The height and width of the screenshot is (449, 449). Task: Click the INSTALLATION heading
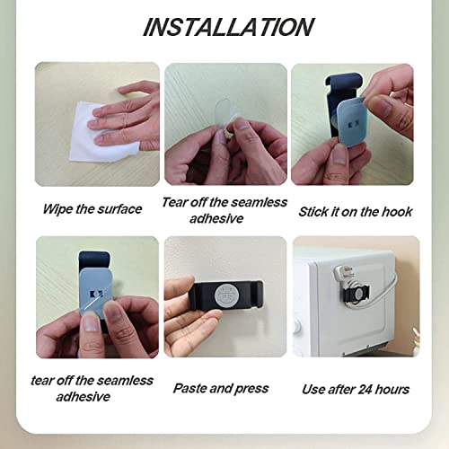tap(228, 27)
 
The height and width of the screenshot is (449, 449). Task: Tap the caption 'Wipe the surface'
tap(92, 209)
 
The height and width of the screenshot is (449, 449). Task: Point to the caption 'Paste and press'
tap(221, 389)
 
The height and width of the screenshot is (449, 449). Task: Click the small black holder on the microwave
tap(357, 293)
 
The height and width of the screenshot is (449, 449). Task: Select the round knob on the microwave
tap(296, 326)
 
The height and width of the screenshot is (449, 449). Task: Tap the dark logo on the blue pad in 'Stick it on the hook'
tap(351, 124)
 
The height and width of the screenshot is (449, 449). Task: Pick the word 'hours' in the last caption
tap(392, 390)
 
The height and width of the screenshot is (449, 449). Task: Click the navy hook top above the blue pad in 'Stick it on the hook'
tap(344, 82)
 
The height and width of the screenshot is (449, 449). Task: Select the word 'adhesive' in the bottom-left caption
tap(84, 397)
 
